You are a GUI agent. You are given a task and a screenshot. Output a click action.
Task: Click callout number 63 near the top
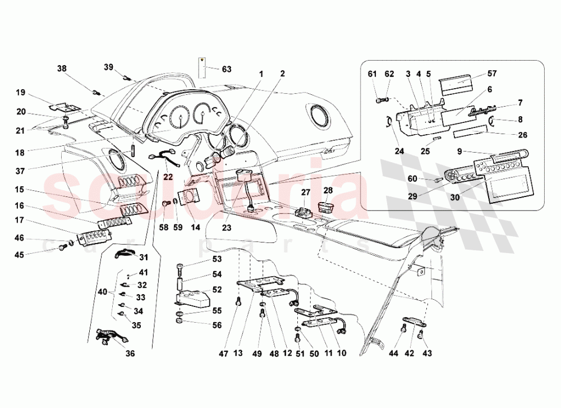[x=226, y=70]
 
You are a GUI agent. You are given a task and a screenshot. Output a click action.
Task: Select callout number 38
[x=62, y=68]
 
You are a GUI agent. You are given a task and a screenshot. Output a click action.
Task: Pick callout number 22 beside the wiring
[x=168, y=177]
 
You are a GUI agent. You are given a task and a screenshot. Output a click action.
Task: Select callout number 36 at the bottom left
[x=130, y=354]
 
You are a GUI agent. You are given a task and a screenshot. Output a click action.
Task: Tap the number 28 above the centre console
[x=328, y=191]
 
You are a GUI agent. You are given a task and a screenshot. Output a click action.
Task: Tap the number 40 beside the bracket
[x=102, y=292]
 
